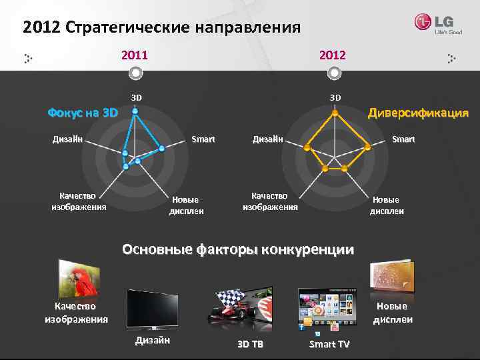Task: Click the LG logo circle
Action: click(423, 22)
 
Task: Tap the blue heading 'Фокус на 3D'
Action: click(83, 113)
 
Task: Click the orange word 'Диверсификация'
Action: click(418, 113)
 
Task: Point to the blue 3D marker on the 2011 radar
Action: click(135, 111)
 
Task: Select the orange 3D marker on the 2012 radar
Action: click(334, 112)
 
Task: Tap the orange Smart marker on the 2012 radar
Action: click(368, 147)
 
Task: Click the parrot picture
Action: click(79, 279)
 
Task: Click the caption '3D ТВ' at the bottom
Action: click(250, 344)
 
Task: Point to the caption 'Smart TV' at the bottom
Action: click(329, 344)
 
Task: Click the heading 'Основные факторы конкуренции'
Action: click(238, 250)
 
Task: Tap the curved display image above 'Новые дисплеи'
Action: click(391, 276)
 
